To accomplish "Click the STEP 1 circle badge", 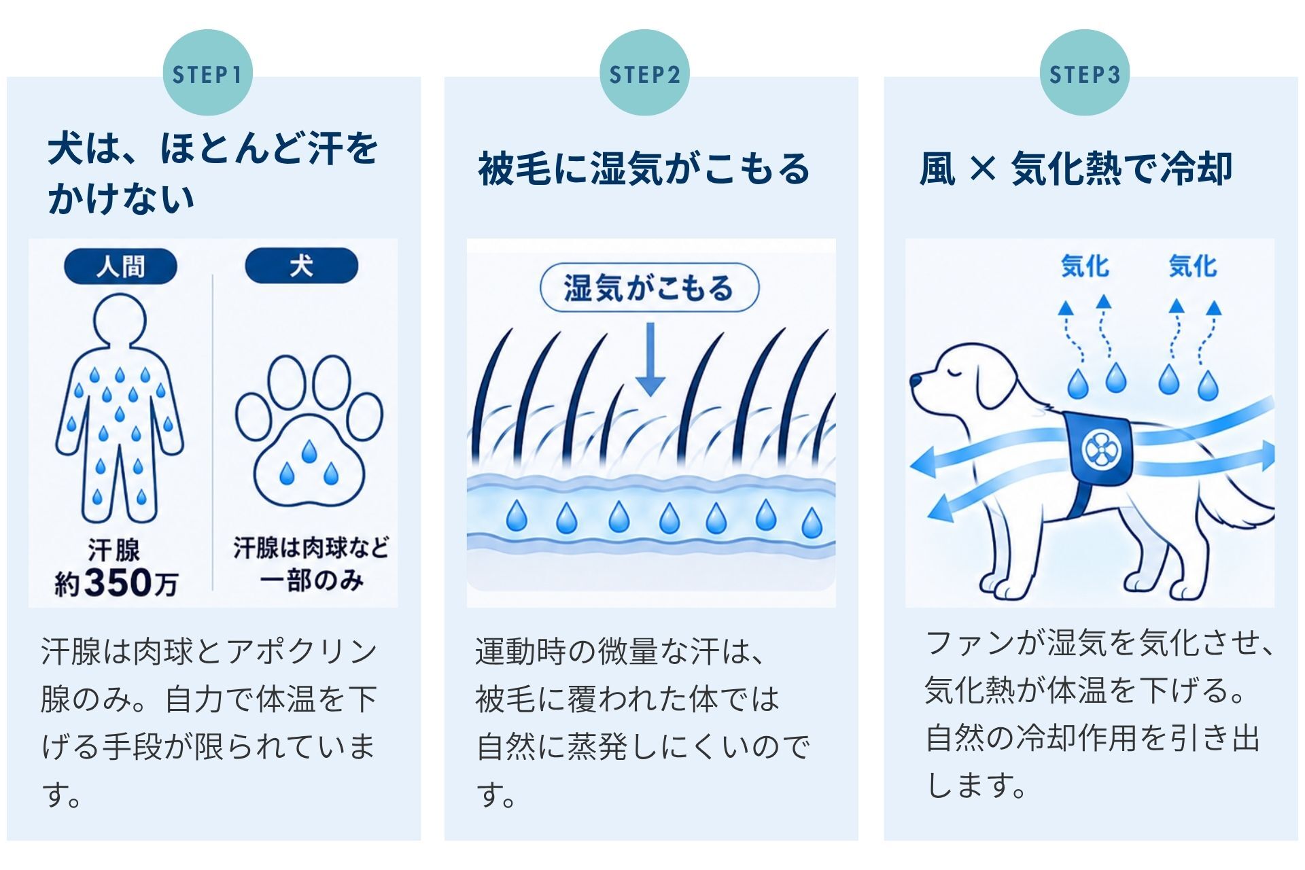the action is [207, 73].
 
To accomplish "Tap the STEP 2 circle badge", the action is [644, 73].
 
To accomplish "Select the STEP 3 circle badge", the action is [1084, 73].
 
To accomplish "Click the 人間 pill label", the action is [120, 266].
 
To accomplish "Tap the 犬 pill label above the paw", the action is [301, 266].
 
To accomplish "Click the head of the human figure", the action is [120, 319].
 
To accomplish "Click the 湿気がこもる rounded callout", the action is [649, 288].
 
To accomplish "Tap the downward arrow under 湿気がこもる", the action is [650, 359].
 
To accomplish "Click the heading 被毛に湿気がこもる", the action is [644, 169].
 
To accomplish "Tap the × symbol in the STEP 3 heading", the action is [983, 168].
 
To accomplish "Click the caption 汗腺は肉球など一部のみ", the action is [311, 564].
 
